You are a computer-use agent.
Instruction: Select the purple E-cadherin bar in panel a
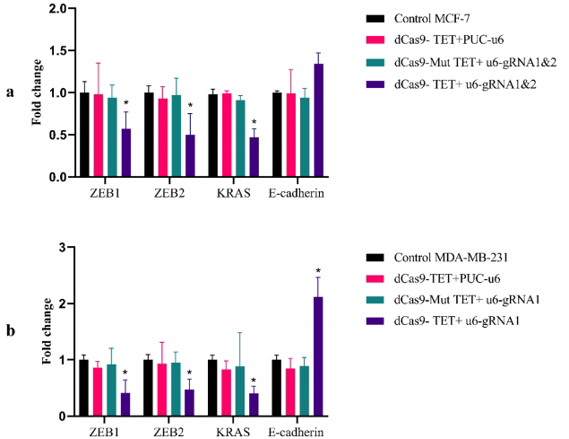319,120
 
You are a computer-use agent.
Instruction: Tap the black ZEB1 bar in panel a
84,135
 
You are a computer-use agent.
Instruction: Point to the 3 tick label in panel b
60,247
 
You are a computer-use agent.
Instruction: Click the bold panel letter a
10,92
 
